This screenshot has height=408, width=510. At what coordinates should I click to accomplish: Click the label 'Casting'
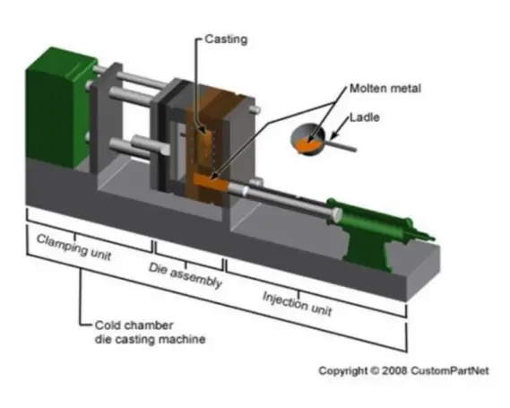tap(224, 40)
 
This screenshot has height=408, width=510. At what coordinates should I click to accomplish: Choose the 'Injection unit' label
tap(297, 303)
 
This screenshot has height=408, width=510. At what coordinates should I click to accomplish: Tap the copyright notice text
tap(404, 370)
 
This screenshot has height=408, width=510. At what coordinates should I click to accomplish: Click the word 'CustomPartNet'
tap(456, 370)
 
